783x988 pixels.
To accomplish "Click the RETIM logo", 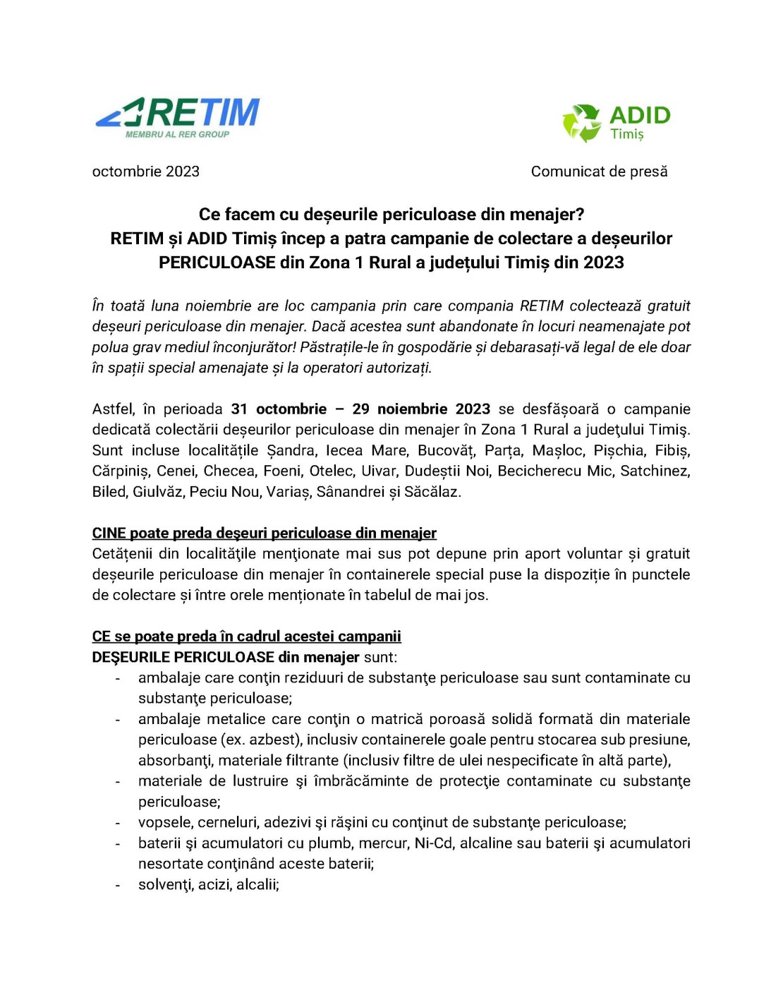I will click(178, 114).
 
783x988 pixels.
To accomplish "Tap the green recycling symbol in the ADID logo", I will click(581, 123).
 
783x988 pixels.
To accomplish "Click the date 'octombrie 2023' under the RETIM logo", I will click(146, 171).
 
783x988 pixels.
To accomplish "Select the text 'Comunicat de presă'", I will click(599, 171).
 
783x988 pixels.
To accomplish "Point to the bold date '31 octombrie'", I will click(279, 409).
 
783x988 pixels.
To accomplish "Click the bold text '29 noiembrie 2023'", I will click(421, 409).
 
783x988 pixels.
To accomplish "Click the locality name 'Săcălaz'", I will click(432, 492).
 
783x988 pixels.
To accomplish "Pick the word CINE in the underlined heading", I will click(109, 534).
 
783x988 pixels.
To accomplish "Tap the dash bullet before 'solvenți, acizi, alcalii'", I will click(118, 885).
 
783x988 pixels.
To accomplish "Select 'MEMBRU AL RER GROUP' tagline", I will click(177, 134).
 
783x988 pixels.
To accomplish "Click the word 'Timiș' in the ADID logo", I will click(627, 134).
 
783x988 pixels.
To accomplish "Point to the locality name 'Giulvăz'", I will click(159, 492).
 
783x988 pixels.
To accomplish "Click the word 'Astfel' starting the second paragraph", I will click(113, 409).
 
